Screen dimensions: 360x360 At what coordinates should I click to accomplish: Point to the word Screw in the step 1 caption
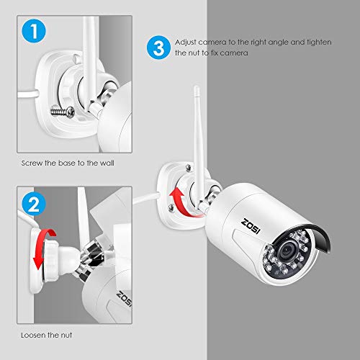32,163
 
